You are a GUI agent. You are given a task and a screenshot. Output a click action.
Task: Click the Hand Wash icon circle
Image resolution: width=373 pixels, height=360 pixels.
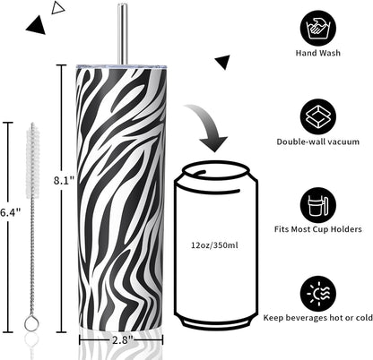click(318, 29)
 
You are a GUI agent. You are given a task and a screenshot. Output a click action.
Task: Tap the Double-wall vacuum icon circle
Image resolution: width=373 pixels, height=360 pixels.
click(318, 117)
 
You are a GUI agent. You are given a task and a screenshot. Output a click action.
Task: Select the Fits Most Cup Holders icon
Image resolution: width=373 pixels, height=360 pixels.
click(318, 205)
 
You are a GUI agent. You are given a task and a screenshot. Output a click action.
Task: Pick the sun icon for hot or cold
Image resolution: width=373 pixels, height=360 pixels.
click(318, 294)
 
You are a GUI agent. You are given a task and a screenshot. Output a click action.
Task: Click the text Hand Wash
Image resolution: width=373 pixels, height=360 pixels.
click(318, 53)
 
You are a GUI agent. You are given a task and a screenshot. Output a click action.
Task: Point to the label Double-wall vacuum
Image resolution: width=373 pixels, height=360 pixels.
click(318, 141)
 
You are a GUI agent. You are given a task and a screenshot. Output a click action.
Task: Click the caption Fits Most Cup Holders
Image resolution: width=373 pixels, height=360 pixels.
click(318, 229)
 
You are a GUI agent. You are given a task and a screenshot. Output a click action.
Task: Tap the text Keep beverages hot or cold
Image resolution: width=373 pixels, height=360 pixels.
click(318, 318)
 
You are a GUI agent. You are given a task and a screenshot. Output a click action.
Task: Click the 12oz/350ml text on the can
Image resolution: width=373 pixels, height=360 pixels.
click(214, 245)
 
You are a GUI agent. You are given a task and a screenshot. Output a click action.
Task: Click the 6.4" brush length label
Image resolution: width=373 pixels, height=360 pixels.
click(10, 212)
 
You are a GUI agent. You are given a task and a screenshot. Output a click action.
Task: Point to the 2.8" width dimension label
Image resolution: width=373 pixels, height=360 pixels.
click(122, 340)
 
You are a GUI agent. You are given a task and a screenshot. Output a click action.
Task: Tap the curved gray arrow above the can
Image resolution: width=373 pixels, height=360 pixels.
click(210, 126)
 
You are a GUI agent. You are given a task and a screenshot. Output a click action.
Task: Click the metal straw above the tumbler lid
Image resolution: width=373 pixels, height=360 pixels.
click(122, 33)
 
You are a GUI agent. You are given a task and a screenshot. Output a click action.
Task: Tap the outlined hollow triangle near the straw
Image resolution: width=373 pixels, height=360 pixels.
click(57, 7)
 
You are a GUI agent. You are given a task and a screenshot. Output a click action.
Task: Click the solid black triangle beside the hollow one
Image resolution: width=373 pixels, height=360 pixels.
click(37, 26)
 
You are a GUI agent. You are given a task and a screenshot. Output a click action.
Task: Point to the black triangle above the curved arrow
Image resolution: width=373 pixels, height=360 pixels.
click(223, 61)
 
